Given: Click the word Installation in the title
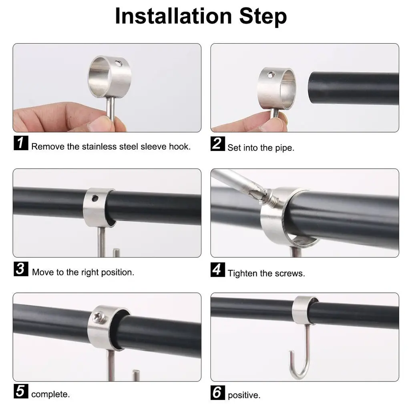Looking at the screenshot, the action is pyautogui.click(x=173, y=16).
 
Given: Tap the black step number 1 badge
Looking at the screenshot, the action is pyautogui.click(x=21, y=143).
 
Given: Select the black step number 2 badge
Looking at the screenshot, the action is pyautogui.click(x=217, y=144).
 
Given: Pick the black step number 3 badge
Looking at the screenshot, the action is pyautogui.click(x=21, y=269).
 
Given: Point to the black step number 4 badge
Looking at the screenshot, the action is pyautogui.click(x=217, y=269).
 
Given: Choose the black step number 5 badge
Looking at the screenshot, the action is pyautogui.click(x=21, y=391).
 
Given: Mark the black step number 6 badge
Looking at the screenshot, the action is pyautogui.click(x=217, y=392).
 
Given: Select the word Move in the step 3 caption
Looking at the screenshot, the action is pyautogui.click(x=43, y=272).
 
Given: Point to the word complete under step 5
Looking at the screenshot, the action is pyautogui.click(x=50, y=394).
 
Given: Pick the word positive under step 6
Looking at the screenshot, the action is pyautogui.click(x=243, y=395).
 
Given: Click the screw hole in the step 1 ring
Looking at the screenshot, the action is pyautogui.click(x=119, y=63).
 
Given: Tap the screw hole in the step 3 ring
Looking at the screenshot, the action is pyautogui.click(x=95, y=199).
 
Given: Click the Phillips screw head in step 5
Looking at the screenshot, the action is pyautogui.click(x=100, y=317).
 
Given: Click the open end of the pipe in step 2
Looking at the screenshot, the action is pyautogui.click(x=312, y=88).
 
